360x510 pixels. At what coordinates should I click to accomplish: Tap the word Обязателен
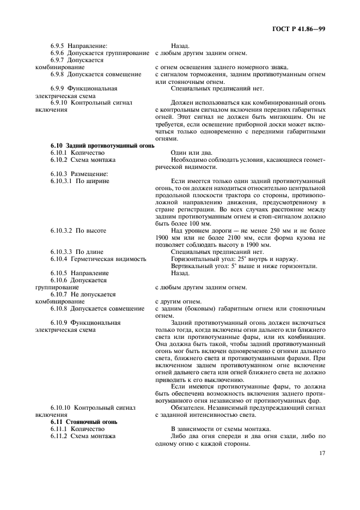tap(190, 407)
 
